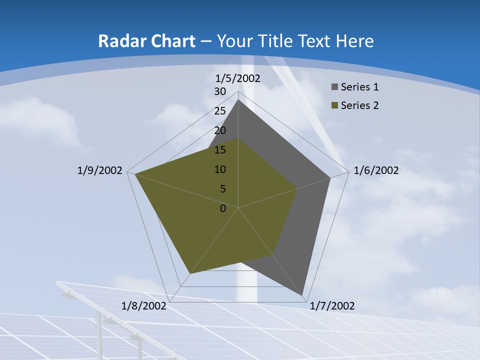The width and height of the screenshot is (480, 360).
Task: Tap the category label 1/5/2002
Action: [238, 78]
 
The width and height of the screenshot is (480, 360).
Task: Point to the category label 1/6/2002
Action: [376, 170]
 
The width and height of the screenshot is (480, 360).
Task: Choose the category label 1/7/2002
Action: [332, 306]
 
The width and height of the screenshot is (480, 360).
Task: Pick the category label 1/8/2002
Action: [144, 306]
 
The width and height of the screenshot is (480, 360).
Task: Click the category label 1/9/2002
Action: [99, 170]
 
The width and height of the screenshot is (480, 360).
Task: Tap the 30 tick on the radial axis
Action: [220, 91]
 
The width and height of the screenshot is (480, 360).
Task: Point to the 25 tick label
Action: [220, 111]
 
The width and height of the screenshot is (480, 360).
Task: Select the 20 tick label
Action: [220, 130]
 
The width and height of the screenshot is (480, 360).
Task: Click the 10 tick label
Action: [220, 169]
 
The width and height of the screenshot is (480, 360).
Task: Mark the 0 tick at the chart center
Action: [223, 208]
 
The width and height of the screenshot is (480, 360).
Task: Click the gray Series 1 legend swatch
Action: [334, 87]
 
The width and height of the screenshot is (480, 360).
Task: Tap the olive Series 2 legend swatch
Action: [334, 105]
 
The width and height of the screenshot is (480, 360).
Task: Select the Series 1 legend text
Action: [359, 87]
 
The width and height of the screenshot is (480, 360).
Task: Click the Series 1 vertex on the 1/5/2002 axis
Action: [238, 100]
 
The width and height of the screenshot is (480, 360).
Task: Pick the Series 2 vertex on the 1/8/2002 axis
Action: [190, 273]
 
